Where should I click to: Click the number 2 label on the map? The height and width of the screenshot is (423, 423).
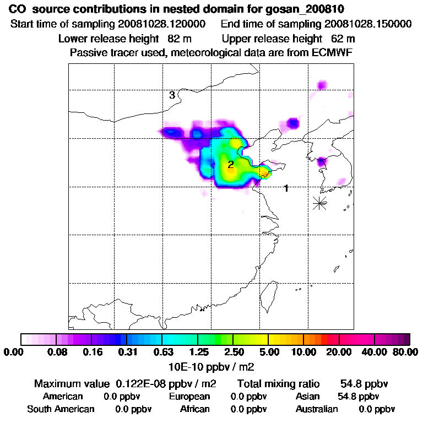pyautogui.click(x=231, y=164)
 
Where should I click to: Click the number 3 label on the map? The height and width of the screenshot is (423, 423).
pyautogui.click(x=172, y=95)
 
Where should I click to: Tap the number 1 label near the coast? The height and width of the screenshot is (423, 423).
pyautogui.click(x=286, y=188)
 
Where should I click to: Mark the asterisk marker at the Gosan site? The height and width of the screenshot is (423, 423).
pyautogui.click(x=319, y=203)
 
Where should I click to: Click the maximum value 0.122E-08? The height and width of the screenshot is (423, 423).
pyautogui.click(x=145, y=383)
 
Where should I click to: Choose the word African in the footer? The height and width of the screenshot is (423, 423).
pyautogui.click(x=195, y=409)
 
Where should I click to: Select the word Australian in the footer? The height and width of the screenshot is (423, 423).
pyautogui.click(x=317, y=409)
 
